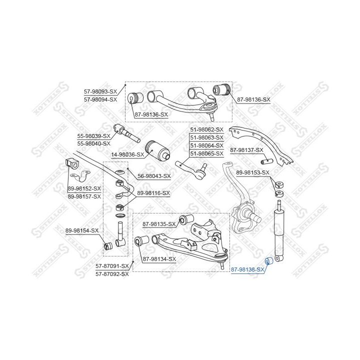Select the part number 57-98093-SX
tap(100, 92)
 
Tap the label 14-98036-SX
tap(127, 155)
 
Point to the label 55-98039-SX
tap(93, 136)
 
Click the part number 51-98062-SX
tap(206, 129)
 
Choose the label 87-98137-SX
tap(246, 150)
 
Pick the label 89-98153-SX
tap(252, 173)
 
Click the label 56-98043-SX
tap(154, 176)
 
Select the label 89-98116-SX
tap(153, 192)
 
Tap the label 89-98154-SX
tap(82, 230)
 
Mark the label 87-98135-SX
tap(159, 223)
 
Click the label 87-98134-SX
tap(159, 259)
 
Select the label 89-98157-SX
tap(84, 196)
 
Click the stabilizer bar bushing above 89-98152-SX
tap(72, 163)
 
